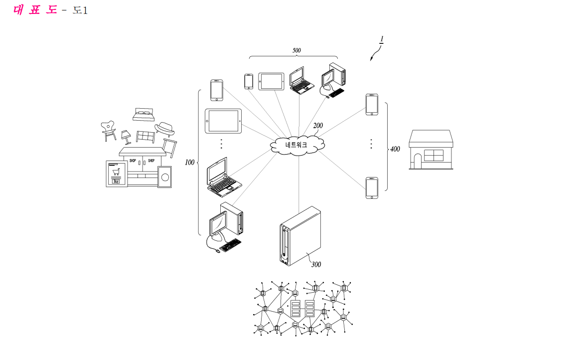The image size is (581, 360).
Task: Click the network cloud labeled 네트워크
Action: point(297,145)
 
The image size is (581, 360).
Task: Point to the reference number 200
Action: point(318,126)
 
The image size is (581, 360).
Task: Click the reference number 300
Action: point(316,264)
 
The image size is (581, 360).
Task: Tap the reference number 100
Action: point(190,163)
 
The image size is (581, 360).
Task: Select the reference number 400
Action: point(395,149)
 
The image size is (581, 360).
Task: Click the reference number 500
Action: point(297,50)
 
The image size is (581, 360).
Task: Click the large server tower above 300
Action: point(300,236)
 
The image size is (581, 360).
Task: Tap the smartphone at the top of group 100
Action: point(217,90)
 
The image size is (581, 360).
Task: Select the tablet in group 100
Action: point(223,121)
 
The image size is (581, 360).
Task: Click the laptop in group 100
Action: point(223,178)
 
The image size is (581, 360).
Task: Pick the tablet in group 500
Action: point(271,81)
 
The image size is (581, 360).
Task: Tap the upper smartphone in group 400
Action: point(372,105)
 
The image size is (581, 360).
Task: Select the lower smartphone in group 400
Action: point(372,188)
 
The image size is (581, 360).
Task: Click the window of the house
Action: point(434,156)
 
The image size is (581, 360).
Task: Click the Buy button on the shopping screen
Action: point(116,181)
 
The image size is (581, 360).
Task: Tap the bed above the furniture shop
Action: point(144,115)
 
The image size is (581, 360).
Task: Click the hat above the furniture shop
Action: point(164,128)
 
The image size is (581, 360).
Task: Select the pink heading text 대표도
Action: point(35,9)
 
